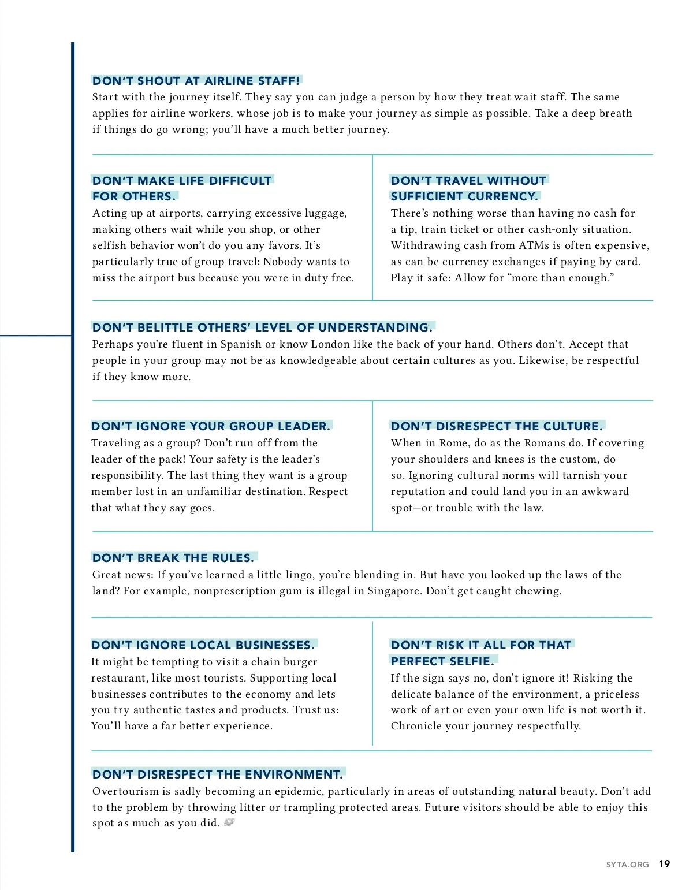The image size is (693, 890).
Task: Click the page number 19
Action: coord(664,864)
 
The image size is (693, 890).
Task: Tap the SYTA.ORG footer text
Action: coord(627,865)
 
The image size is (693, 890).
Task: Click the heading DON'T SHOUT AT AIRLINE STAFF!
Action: coord(196,81)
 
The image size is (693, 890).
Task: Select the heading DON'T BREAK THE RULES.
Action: coord(173,558)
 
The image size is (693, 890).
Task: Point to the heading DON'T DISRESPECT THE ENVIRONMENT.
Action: coord(218,774)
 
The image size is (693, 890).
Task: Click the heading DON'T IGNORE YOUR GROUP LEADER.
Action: coord(211,426)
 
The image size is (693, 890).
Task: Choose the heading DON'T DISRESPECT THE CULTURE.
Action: coord(497,426)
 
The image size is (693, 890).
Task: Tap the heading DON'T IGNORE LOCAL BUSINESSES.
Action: coord(203,645)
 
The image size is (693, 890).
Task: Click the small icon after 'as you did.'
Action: coord(229,822)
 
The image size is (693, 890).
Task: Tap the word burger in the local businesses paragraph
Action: coord(299,662)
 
